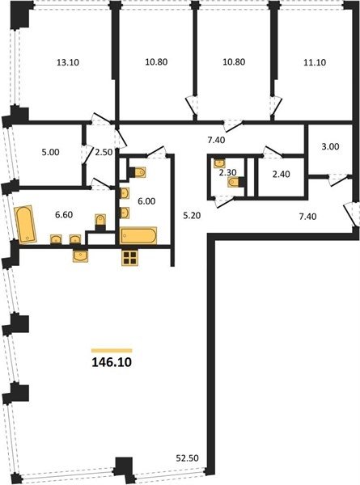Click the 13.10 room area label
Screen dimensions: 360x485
click(x=68, y=62)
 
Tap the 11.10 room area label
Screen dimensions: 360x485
click(x=315, y=62)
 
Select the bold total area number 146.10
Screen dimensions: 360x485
click(x=112, y=362)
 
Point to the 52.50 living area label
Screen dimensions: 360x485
click(x=187, y=458)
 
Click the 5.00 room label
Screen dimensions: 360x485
click(x=50, y=153)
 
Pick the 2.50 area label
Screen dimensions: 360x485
click(x=104, y=153)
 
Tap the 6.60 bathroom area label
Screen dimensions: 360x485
click(x=64, y=214)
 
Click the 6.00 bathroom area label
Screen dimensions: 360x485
click(x=146, y=201)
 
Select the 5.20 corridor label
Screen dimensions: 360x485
click(x=192, y=216)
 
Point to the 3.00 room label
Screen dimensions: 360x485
click(x=330, y=146)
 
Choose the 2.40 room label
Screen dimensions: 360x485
click(x=281, y=174)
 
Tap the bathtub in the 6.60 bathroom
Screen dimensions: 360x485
click(x=25, y=224)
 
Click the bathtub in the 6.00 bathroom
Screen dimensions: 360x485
click(x=138, y=236)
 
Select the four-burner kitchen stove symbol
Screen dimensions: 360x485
click(x=129, y=258)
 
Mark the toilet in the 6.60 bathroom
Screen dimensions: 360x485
click(x=100, y=221)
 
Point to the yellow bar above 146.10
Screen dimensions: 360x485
click(x=112, y=351)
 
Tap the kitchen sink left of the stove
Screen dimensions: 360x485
click(x=80, y=256)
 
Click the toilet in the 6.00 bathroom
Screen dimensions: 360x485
click(x=138, y=172)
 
